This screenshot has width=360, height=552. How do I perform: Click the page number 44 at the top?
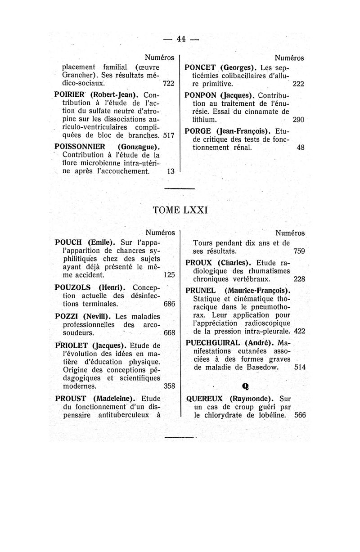[x=181, y=39]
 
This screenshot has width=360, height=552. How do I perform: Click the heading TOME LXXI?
[x=180, y=210]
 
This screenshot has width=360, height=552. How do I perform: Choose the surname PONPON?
[x=202, y=95]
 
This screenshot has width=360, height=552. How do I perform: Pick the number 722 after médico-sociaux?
[x=168, y=84]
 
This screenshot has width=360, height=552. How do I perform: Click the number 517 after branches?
[x=168, y=135]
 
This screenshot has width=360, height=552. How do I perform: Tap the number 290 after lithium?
[x=298, y=120]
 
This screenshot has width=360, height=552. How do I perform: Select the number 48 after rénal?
[x=301, y=147]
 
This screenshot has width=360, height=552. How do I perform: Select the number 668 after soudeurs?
[x=169, y=333]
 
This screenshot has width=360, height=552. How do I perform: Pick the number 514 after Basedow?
[x=300, y=368]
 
